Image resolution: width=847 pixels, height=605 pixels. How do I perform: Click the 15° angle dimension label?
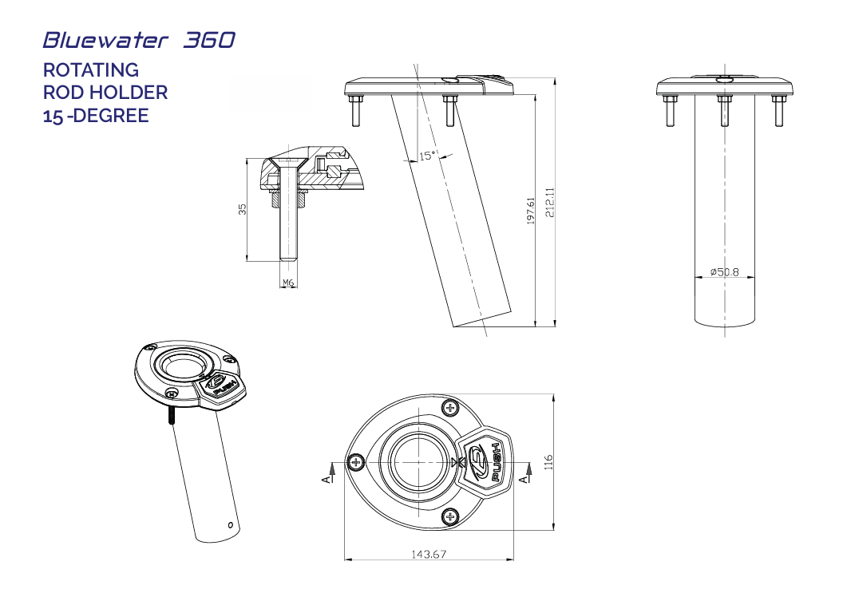pyautogui.click(x=427, y=156)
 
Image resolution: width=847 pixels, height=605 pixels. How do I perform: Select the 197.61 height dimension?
pyautogui.click(x=531, y=211)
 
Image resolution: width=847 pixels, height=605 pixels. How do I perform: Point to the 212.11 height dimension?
pyautogui.click(x=548, y=203)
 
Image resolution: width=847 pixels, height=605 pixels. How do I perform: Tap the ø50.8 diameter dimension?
pyautogui.click(x=725, y=273)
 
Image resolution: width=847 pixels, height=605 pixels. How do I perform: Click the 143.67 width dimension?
pyautogui.click(x=429, y=554)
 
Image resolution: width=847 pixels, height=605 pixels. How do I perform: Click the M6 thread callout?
pyautogui.click(x=289, y=283)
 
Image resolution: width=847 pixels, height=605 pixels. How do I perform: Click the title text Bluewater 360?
pyautogui.click(x=139, y=40)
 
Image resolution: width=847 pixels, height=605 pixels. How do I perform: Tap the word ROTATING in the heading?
pyautogui.click(x=90, y=70)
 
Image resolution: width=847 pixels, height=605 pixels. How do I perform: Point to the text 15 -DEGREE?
pyautogui.click(x=96, y=116)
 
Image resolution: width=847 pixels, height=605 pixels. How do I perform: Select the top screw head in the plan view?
pyautogui.click(x=451, y=409)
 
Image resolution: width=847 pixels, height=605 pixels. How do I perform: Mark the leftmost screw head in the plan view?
pyautogui.click(x=356, y=461)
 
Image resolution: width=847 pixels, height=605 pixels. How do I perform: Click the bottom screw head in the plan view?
pyautogui.click(x=451, y=517)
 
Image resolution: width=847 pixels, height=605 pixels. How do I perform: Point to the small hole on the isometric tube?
pyautogui.click(x=230, y=525)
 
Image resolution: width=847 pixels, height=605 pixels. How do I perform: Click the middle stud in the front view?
pyautogui.click(x=724, y=110)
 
